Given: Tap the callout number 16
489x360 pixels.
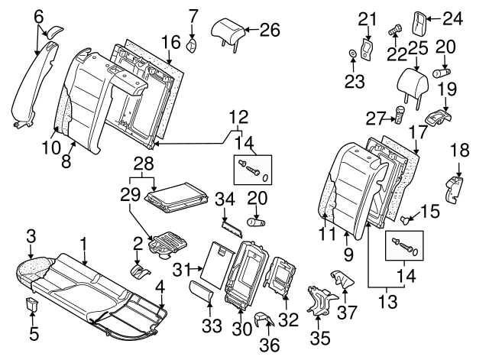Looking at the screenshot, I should click(x=171, y=41).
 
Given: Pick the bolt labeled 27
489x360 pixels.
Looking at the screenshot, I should click(x=400, y=116).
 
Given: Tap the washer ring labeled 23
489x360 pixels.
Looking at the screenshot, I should click(x=351, y=54).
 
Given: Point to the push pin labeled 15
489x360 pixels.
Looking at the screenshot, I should click(x=408, y=220).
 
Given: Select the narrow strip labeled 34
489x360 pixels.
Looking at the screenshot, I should click(x=232, y=223).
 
